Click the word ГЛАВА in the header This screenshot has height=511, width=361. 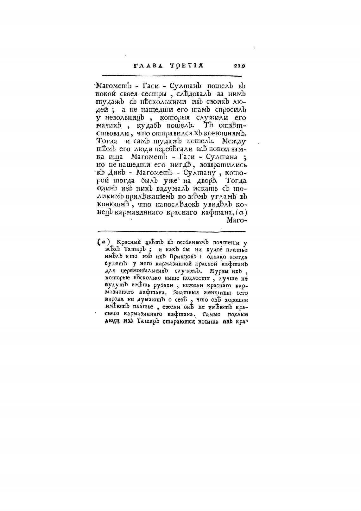point(148,66)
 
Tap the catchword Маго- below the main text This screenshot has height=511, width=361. point(237,220)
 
